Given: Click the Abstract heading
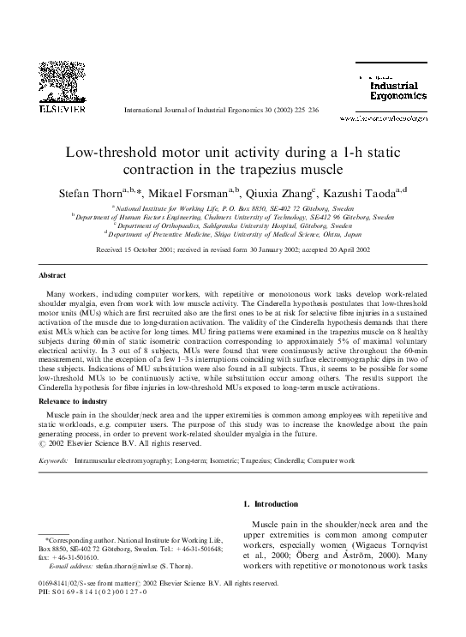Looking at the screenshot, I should (53, 276).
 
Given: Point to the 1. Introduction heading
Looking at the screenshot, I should (272, 504).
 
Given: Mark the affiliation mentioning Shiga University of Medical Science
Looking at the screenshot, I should (235, 231).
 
